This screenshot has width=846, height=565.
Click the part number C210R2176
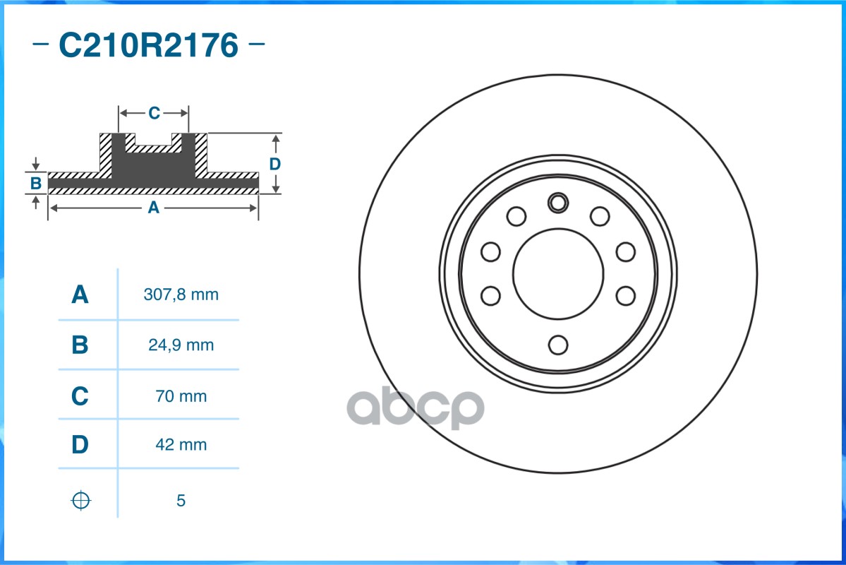(148, 46)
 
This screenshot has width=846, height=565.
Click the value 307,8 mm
(181, 295)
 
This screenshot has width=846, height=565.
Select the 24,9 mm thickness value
(181, 345)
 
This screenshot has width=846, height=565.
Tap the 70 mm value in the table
(181, 396)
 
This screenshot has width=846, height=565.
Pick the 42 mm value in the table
(181, 445)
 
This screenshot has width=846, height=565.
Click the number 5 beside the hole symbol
(181, 501)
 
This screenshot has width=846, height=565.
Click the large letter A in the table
(80, 295)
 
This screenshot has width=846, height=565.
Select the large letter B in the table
(80, 345)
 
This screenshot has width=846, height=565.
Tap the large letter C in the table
(80, 396)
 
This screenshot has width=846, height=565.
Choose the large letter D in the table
(80, 445)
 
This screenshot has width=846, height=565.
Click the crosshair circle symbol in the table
(81, 501)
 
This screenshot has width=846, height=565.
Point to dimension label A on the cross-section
(153, 208)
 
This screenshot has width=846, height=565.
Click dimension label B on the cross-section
(36, 184)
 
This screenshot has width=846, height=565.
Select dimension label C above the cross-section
(154, 113)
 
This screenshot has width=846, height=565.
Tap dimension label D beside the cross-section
(275, 164)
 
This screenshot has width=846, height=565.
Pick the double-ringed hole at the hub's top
(558, 203)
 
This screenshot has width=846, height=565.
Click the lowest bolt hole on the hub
(558, 345)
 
